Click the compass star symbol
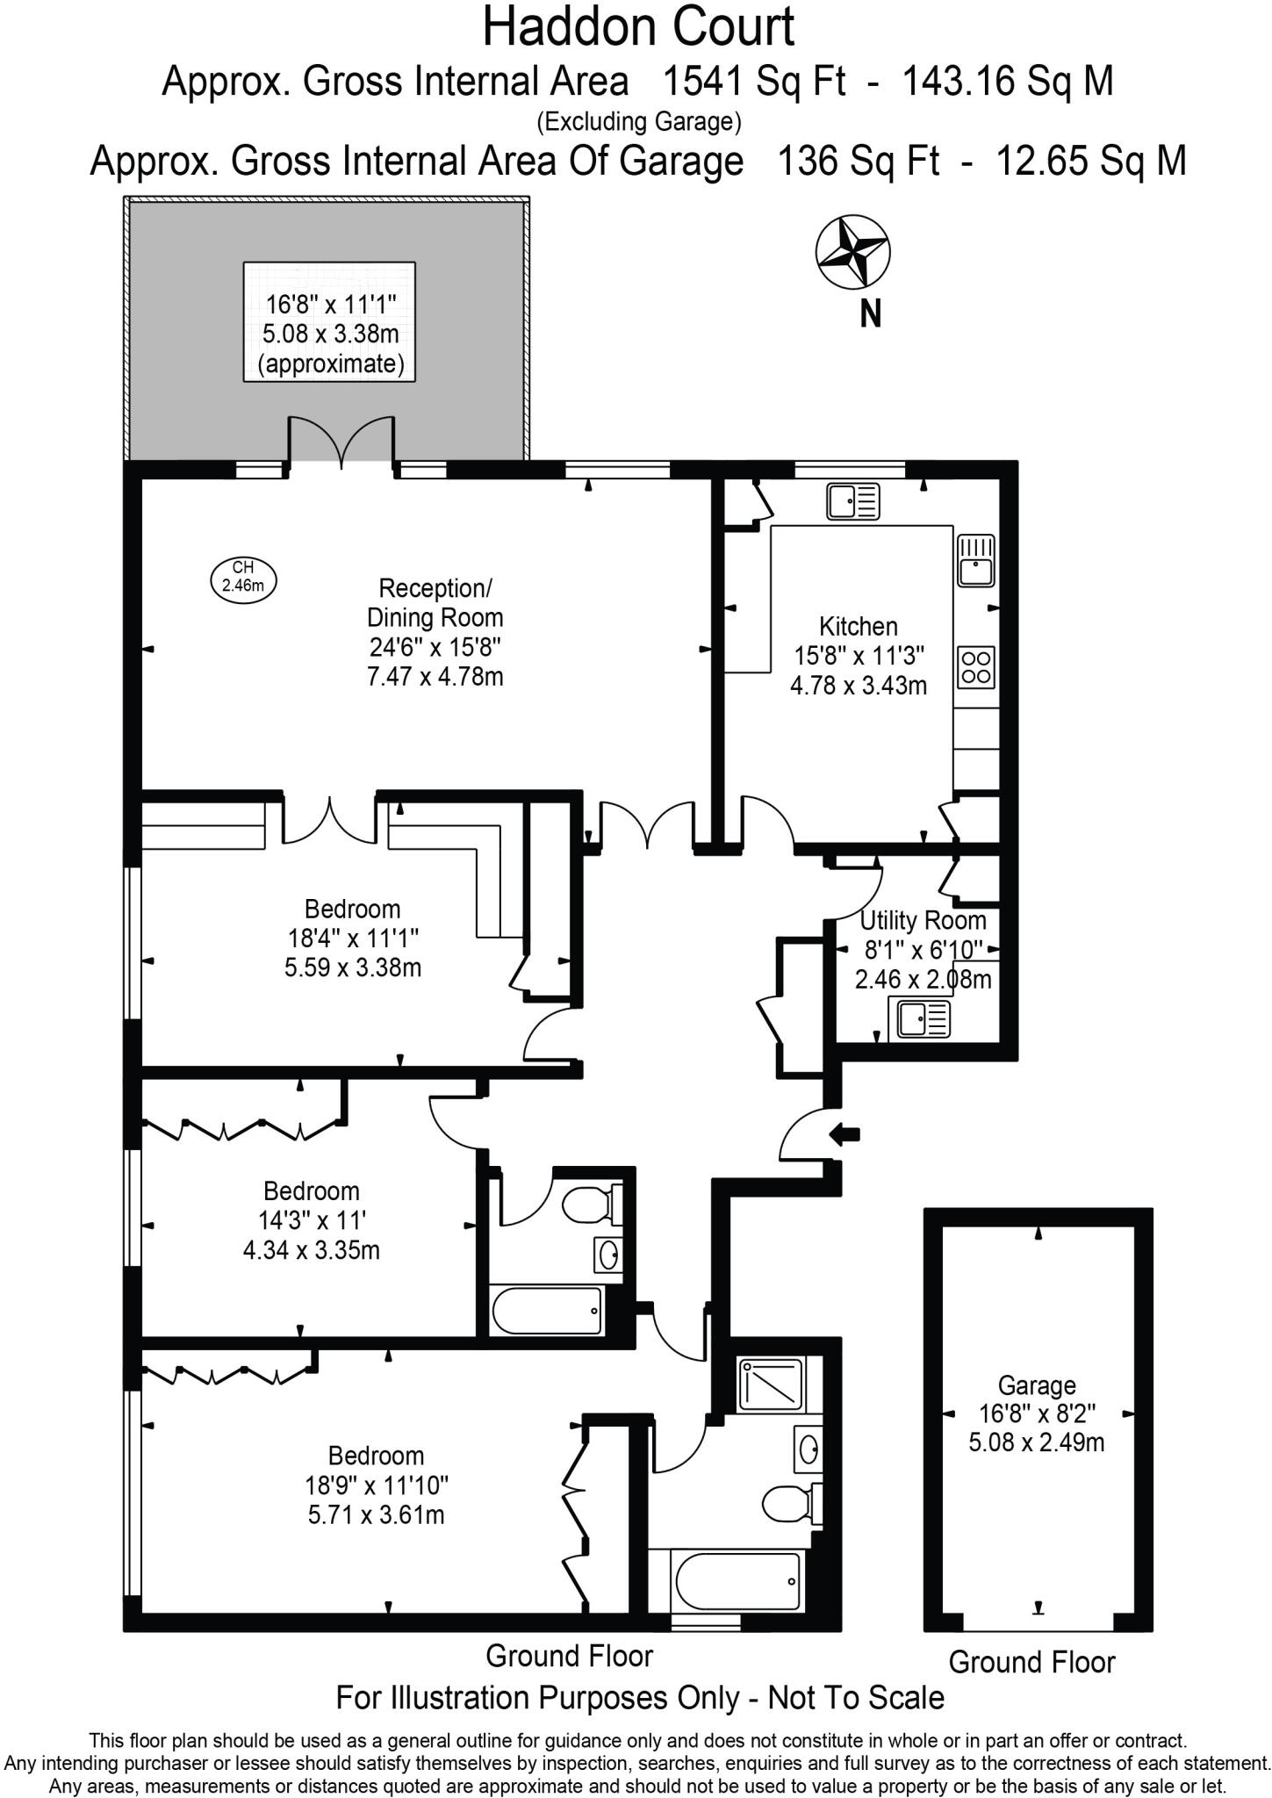(x=852, y=252)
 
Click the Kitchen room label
(x=859, y=626)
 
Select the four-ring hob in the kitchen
(x=976, y=665)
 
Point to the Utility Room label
(x=923, y=920)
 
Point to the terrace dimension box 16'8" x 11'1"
(x=329, y=321)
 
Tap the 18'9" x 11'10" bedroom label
(x=376, y=1485)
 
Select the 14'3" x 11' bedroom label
(x=311, y=1219)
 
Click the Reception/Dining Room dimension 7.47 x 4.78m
(x=435, y=677)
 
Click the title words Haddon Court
(x=638, y=26)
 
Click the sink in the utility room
(x=920, y=1018)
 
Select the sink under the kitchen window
(x=852, y=501)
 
